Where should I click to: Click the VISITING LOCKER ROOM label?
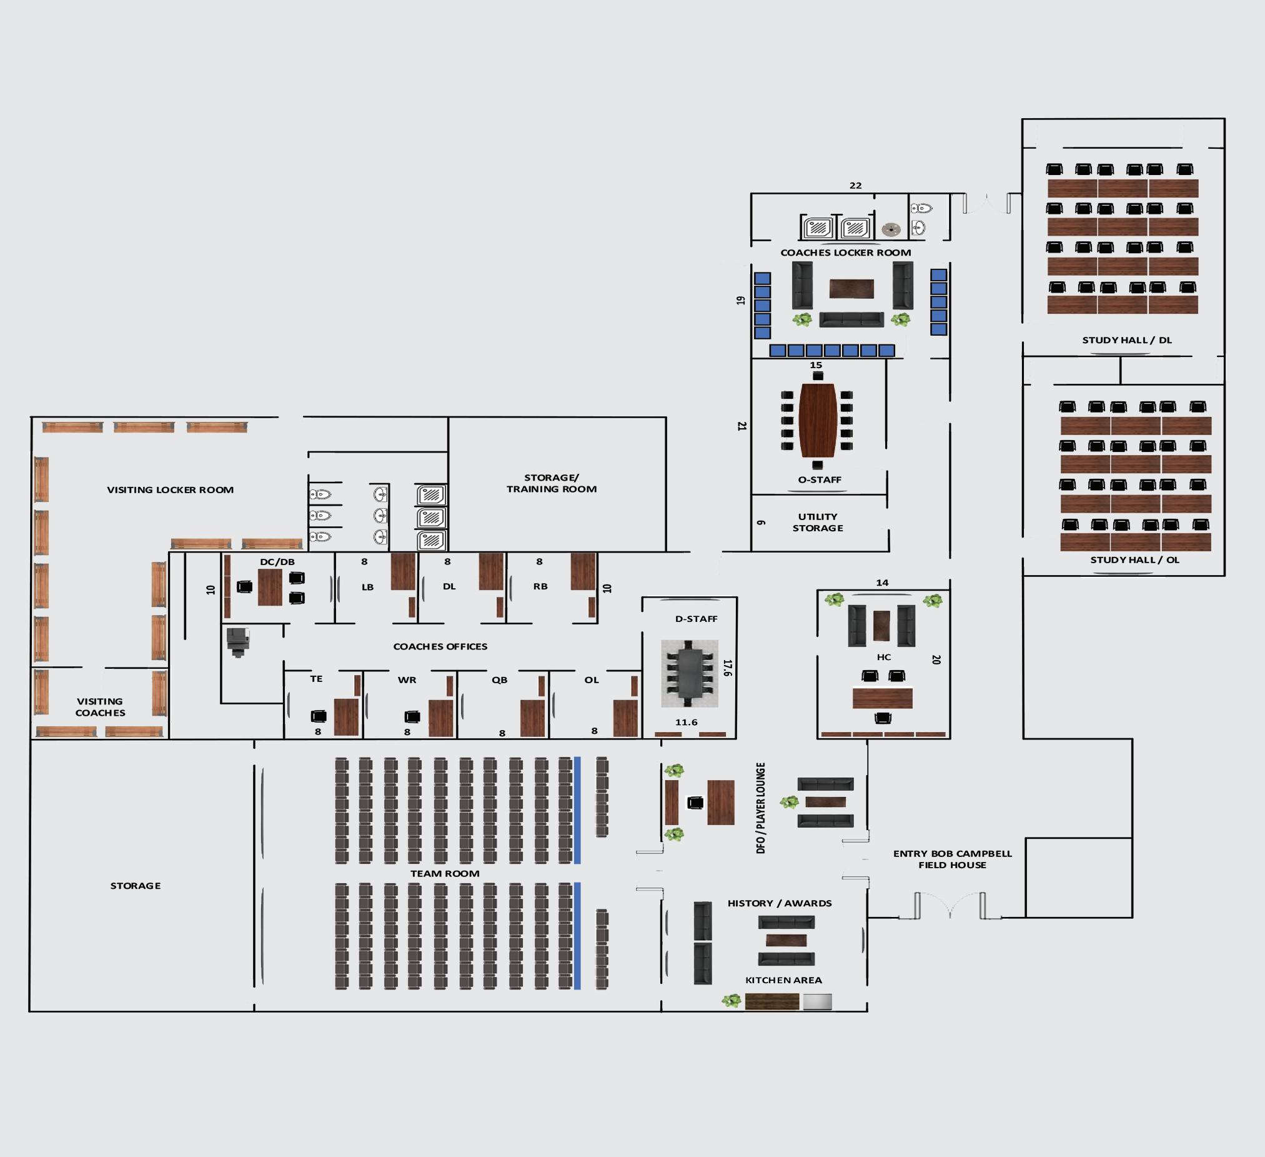(170, 489)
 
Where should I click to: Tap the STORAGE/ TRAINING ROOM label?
(552, 483)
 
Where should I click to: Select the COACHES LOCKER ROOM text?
(845, 253)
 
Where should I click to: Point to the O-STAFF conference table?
(817, 420)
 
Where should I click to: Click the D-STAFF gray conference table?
(690, 674)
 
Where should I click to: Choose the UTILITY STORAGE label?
(818, 523)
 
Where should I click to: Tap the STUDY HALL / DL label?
(1126, 340)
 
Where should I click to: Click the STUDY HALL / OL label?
(1134, 560)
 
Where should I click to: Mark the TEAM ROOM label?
(445, 873)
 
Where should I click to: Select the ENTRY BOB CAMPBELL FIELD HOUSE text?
(952, 859)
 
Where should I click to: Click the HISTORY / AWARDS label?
(780, 903)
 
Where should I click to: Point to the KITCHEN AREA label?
(783, 980)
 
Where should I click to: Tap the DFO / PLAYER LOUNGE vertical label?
(761, 808)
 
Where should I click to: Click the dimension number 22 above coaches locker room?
(855, 186)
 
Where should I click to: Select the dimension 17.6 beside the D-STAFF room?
(727, 668)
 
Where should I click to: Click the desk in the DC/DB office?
(270, 587)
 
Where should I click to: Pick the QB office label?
(500, 680)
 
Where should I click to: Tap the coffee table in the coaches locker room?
(851, 289)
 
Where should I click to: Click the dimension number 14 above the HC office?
(882, 583)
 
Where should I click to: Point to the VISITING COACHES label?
(100, 707)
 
